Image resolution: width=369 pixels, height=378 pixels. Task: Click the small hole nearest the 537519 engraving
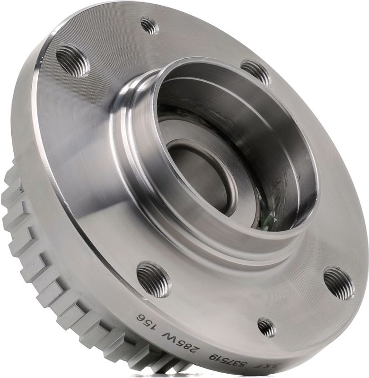coord(266,327)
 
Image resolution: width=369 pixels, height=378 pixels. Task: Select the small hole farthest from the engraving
coord(149,26)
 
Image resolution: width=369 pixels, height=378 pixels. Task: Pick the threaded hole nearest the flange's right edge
coord(339,283)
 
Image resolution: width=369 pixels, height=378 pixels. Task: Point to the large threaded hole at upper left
coord(73,60)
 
